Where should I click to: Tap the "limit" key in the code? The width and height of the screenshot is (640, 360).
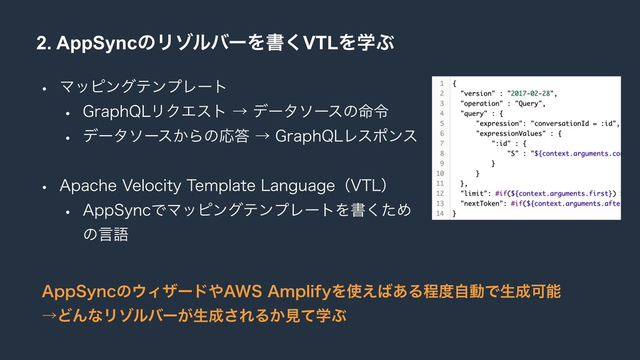coord(475,194)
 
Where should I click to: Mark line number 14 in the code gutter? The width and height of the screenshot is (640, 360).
coord(440,214)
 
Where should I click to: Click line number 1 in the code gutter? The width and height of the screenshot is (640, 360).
coord(441,83)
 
